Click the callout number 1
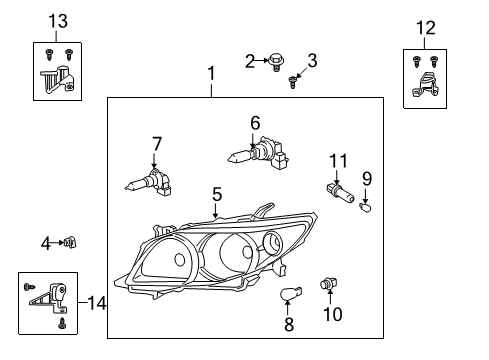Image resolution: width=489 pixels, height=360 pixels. point(210,74)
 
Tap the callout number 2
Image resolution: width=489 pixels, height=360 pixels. point(250,62)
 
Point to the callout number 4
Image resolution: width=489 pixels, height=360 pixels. point(46,242)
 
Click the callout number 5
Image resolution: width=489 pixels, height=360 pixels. point(215,193)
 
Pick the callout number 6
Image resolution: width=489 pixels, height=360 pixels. point(255,122)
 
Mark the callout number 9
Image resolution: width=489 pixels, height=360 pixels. point(366,179)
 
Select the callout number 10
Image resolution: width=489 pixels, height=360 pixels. point(331,314)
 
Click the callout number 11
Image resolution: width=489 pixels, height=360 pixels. point(339,159)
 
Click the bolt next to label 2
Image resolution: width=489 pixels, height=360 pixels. point(273,61)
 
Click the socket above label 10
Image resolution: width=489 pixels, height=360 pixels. point(325,287)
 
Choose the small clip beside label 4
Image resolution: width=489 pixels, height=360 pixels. point(71,241)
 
